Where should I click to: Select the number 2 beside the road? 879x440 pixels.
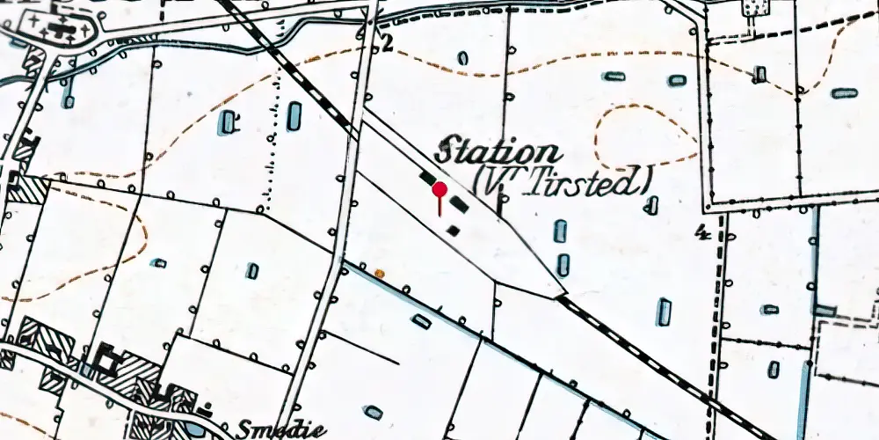(x=386, y=45)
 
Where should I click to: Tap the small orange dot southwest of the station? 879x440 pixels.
(x=380, y=274)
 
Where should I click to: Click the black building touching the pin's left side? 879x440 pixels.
(x=428, y=179)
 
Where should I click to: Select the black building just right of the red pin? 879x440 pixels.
(x=459, y=205)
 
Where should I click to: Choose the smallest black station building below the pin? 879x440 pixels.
(x=454, y=230)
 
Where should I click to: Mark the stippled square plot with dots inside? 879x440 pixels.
(x=752, y=9)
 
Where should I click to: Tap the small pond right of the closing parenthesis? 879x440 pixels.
(x=652, y=206)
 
